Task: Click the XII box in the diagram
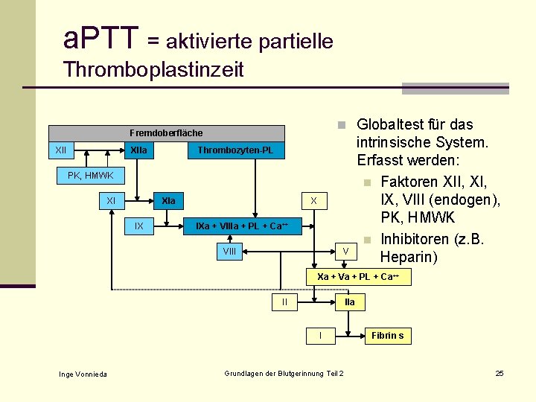pyautogui.click(x=61, y=151)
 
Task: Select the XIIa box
pyautogui.click(x=138, y=151)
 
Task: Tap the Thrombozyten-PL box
pyautogui.click(x=235, y=151)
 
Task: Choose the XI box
pyautogui.click(x=111, y=201)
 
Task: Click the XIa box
pyautogui.click(x=169, y=201)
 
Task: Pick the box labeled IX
pyautogui.click(x=139, y=226)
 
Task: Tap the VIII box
pyautogui.click(x=229, y=252)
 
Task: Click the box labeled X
pyautogui.click(x=314, y=201)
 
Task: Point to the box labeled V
pyautogui.click(x=345, y=252)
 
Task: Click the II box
pyautogui.click(x=284, y=301)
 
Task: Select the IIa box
pyautogui.click(x=350, y=302)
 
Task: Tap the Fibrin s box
pyautogui.click(x=387, y=336)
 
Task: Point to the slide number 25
pyautogui.click(x=500, y=373)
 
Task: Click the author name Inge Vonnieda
pyautogui.click(x=83, y=374)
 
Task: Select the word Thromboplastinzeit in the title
pyautogui.click(x=153, y=70)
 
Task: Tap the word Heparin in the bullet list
pyautogui.click(x=408, y=257)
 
